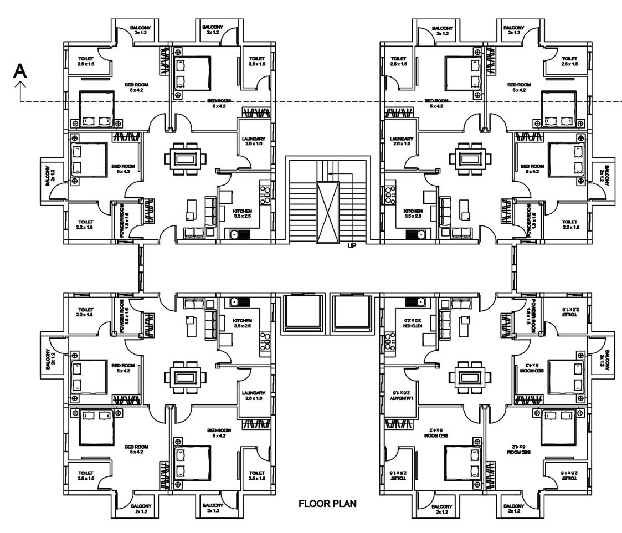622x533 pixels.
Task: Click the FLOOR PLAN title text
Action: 328,504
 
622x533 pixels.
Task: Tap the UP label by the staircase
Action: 351,247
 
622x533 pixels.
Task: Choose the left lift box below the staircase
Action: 301,314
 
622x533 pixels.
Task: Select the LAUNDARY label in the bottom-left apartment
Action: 253,396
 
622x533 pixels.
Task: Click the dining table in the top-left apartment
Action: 185,158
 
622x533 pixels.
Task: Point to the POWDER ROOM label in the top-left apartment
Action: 127,220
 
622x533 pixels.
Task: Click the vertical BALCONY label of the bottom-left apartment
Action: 50,359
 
